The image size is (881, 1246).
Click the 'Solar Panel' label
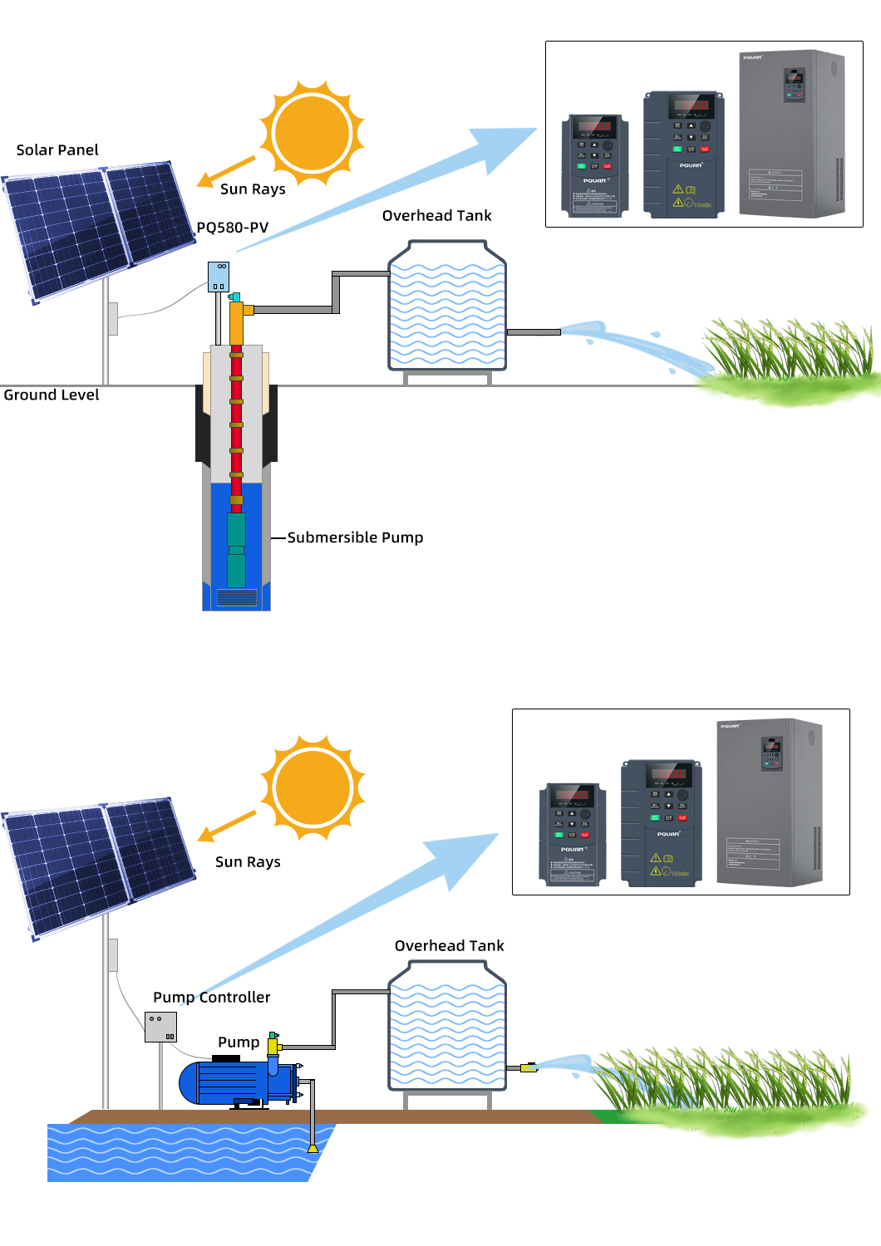click(x=57, y=150)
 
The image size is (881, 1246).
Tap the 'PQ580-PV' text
click(x=233, y=228)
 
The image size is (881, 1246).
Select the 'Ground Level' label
click(x=52, y=395)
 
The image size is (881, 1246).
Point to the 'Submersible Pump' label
click(x=355, y=537)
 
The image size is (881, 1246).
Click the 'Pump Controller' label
click(x=212, y=998)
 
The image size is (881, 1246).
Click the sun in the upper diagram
click(x=313, y=133)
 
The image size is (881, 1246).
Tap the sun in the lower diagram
click(x=313, y=787)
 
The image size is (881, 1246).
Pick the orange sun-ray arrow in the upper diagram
click(x=225, y=171)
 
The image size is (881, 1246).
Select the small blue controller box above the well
click(x=219, y=277)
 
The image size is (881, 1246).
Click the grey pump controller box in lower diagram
click(x=160, y=1027)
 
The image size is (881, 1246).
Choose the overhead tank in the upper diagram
click(x=447, y=307)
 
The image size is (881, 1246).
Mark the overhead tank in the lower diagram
click(x=447, y=1027)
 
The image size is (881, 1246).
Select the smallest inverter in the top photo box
click(x=594, y=165)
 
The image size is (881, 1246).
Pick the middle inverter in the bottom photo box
click(x=662, y=822)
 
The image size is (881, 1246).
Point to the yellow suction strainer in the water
click(x=313, y=1148)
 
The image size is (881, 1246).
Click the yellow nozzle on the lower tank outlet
click(x=528, y=1067)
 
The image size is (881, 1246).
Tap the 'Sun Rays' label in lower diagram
click(x=248, y=862)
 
